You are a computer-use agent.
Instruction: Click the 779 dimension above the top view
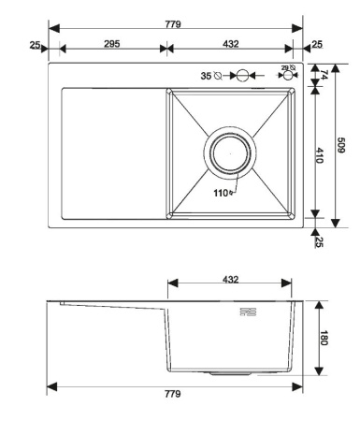click(x=173, y=24)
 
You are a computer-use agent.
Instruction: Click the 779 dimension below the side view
click(x=173, y=394)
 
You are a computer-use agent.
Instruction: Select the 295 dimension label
click(x=111, y=44)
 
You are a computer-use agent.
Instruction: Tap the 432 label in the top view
click(x=231, y=44)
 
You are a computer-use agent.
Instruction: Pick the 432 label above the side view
click(x=231, y=280)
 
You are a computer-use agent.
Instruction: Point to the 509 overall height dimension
click(x=341, y=145)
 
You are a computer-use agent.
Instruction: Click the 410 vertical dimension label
click(x=320, y=155)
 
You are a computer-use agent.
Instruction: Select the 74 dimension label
click(x=324, y=75)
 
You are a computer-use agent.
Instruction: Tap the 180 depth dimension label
click(x=324, y=338)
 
